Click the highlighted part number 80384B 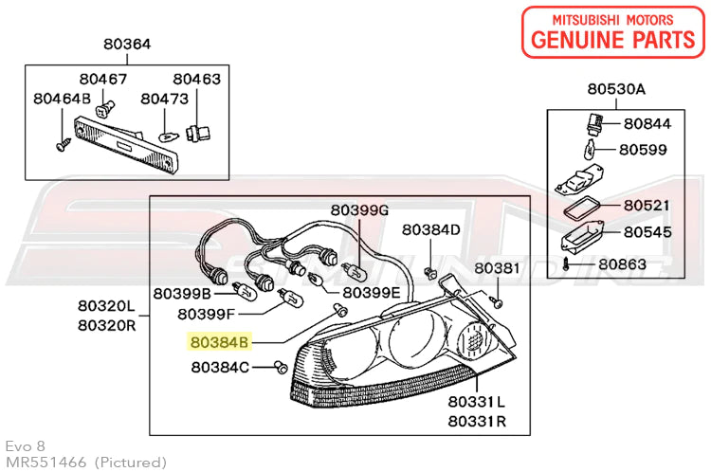pos(219,340)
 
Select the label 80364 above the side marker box pos(127,44)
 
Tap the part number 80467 pos(102,79)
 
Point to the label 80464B pos(62,98)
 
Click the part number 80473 pos(165,98)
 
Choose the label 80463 pos(196,79)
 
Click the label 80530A pos(615,89)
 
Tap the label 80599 pos(644,149)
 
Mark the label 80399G pos(359,209)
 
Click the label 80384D pos(430,229)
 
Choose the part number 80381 pos(497,268)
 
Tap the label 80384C pos(220,366)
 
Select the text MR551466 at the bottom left pos(46,462)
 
